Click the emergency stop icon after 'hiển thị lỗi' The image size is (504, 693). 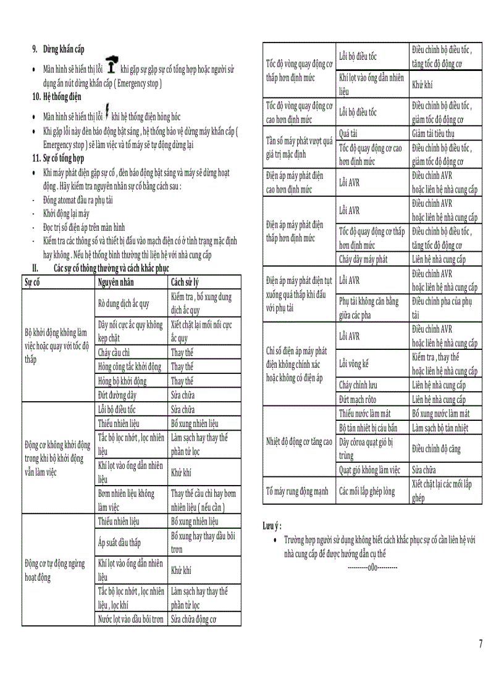(x=111, y=64)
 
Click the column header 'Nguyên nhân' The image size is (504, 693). (x=116, y=283)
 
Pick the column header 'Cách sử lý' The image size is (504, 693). (x=185, y=283)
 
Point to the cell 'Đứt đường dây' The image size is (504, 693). (x=118, y=395)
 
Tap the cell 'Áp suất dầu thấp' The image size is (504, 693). (x=120, y=542)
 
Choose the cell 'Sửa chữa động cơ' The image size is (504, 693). (x=194, y=620)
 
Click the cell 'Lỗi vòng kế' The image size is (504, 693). (x=354, y=364)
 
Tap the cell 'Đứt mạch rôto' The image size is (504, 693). (x=358, y=400)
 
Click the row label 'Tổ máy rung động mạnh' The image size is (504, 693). (x=297, y=492)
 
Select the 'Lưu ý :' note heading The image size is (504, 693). (x=272, y=526)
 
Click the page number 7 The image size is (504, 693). (x=481, y=644)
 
